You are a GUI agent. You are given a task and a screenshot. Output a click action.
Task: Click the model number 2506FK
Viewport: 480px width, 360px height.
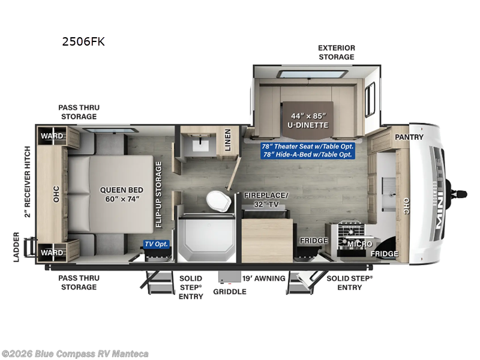pos(83,42)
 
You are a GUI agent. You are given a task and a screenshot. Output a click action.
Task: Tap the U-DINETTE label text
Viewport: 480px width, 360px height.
pos(307,120)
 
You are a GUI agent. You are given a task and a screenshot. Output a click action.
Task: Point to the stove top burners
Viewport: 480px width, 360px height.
pos(348,231)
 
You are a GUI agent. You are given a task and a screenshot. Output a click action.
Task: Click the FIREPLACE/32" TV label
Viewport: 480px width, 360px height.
pos(266,199)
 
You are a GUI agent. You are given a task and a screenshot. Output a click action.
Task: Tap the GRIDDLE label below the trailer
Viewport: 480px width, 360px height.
pos(230,292)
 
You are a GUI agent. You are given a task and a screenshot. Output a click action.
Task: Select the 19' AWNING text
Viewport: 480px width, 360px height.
pos(264,278)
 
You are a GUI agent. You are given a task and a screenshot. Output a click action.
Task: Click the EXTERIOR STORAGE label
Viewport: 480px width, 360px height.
pos(336,52)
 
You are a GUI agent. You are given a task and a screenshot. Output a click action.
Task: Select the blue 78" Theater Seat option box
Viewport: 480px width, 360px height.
pos(307,151)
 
